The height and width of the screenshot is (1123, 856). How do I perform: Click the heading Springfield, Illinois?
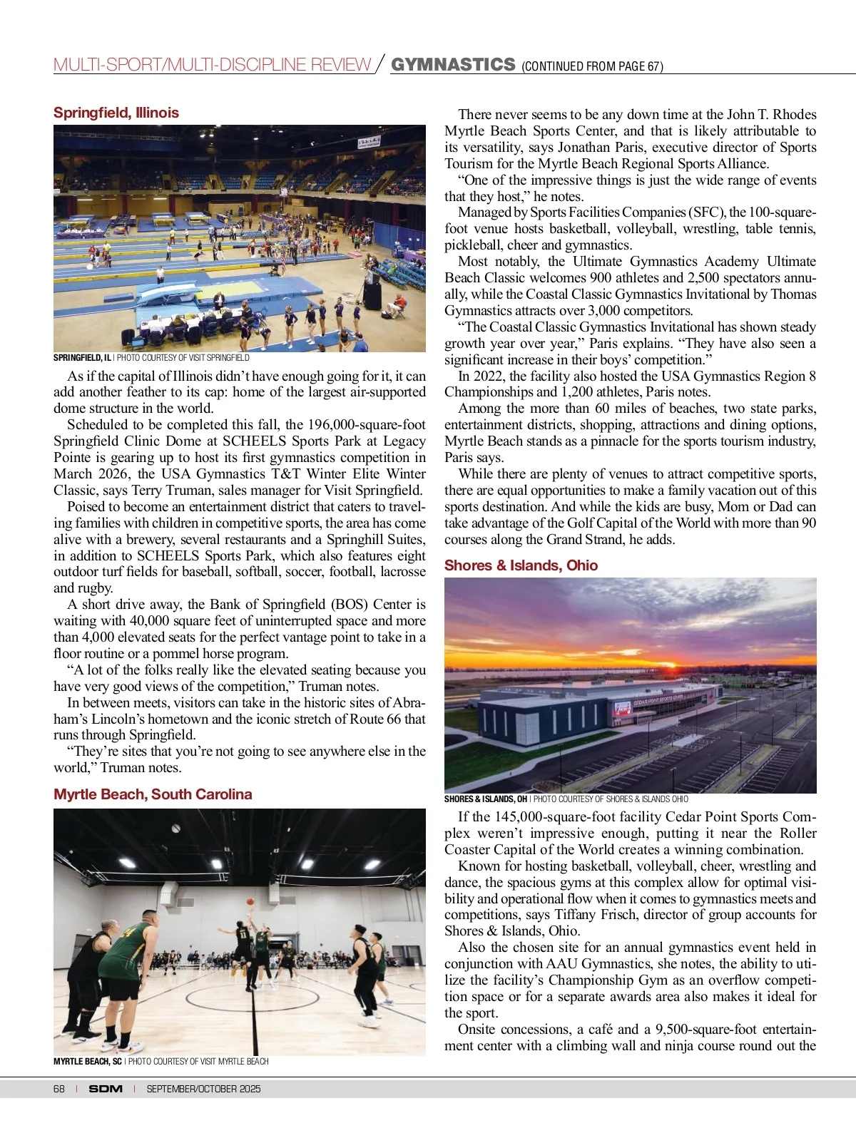point(116,113)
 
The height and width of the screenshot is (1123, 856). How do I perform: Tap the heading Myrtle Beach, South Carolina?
point(153,794)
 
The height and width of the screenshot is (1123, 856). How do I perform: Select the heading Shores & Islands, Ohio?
point(521,565)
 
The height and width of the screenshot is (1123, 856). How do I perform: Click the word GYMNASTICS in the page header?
point(453,65)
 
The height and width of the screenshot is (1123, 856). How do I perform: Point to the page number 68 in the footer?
point(59,1089)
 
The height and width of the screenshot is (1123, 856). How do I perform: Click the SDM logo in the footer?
point(106,1089)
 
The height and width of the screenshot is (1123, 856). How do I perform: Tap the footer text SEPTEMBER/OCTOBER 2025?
point(203,1089)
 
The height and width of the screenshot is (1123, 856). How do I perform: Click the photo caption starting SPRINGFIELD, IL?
point(151,358)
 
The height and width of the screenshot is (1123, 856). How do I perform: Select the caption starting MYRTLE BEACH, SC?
point(160,1062)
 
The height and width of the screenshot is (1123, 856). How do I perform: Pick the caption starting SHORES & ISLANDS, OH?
point(566,799)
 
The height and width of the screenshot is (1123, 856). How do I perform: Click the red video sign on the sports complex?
point(622,708)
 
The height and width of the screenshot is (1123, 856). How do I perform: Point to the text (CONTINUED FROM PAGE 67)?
point(592,67)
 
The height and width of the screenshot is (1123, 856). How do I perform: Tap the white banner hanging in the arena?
point(369,143)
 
